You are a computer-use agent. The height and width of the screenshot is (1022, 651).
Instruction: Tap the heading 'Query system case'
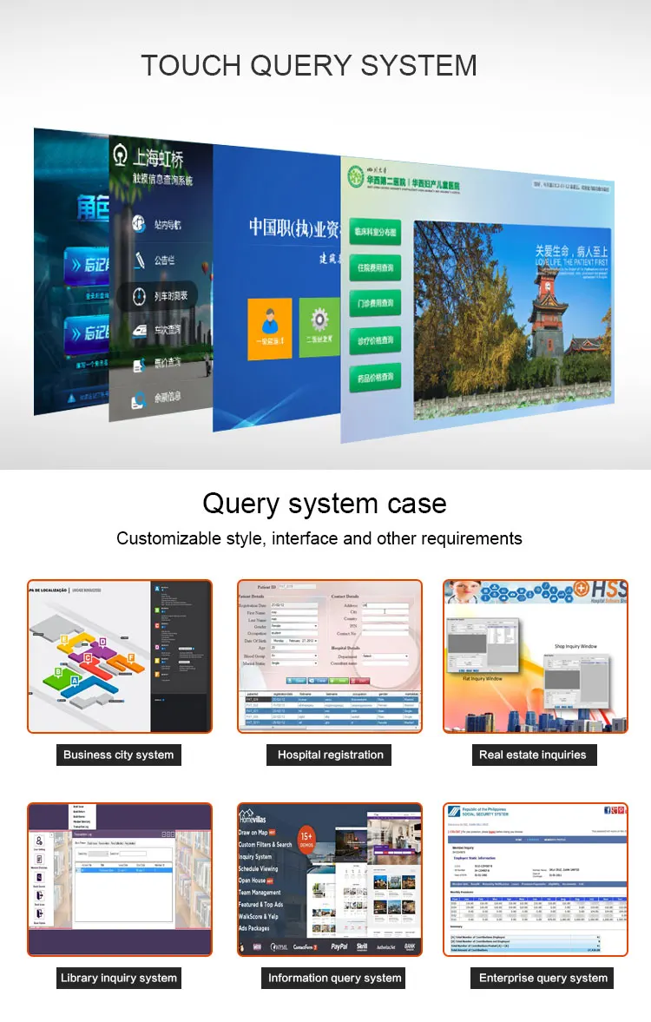[x=325, y=503]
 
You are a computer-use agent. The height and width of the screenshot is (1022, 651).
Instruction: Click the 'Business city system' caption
[x=119, y=755]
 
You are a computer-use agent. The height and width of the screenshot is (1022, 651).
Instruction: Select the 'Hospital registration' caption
[x=330, y=755]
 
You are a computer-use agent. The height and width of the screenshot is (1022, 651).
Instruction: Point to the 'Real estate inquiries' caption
[x=532, y=755]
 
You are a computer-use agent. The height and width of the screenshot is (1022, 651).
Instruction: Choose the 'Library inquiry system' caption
[x=119, y=978]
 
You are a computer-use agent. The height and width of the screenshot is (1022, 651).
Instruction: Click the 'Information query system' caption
[x=334, y=978]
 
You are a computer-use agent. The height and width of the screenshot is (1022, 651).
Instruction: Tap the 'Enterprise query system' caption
[x=543, y=978]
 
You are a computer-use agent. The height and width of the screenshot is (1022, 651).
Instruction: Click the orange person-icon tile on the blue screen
[x=269, y=327]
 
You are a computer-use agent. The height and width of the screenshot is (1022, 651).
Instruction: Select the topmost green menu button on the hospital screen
[x=375, y=233]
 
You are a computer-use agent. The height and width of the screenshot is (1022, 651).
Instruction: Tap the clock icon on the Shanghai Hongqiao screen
[x=139, y=297]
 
